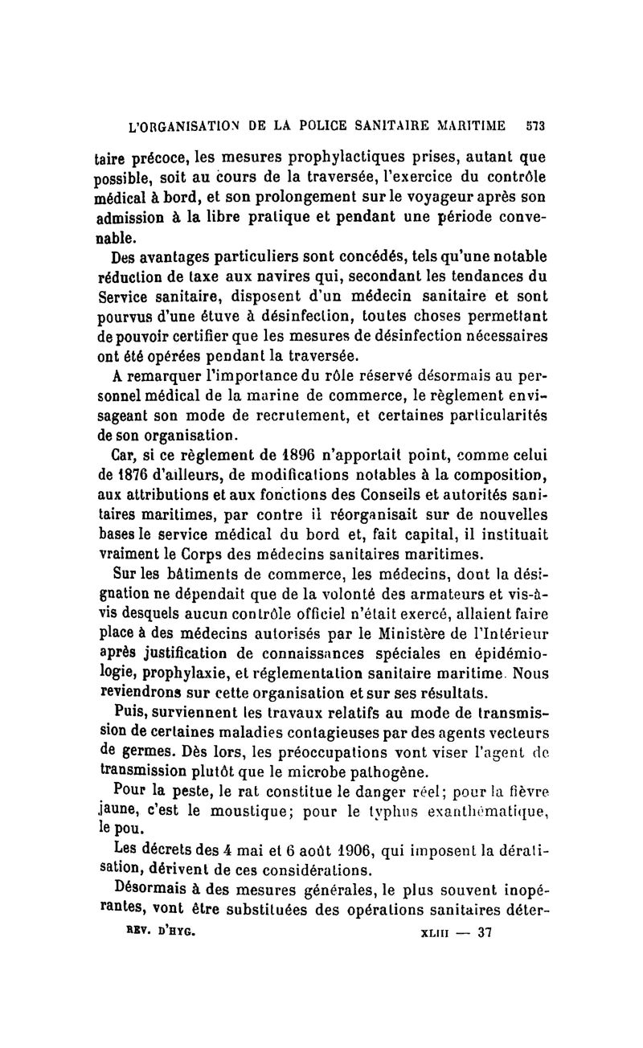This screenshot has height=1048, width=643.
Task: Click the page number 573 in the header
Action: click(535, 126)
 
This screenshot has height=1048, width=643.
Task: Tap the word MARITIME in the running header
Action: click(469, 126)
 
